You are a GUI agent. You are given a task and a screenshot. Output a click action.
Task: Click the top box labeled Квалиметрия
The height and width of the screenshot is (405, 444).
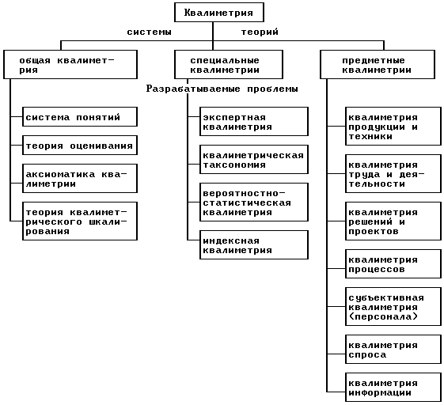219,13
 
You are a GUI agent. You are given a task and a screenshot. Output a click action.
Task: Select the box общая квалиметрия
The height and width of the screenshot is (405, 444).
70,65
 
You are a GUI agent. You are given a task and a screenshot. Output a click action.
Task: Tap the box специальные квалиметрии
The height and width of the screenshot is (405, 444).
229,65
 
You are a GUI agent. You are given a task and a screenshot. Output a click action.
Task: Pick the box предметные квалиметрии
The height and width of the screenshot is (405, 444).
378,65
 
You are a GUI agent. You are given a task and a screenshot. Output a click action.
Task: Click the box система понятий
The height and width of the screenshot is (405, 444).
80,116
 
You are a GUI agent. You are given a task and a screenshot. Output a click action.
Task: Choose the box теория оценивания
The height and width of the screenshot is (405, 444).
80,146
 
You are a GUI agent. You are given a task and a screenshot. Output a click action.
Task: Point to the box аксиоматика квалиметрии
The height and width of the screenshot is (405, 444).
80,179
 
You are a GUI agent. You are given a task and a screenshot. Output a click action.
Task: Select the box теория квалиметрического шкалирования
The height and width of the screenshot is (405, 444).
80,221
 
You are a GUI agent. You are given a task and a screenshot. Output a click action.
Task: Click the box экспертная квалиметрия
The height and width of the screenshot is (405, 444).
254,121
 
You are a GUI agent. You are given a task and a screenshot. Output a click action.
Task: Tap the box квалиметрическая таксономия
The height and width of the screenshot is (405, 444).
254,160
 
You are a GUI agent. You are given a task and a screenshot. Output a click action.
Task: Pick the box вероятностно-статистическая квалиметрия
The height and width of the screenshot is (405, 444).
254,202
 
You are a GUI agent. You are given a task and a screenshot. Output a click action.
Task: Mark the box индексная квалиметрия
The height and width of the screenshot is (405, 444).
254,245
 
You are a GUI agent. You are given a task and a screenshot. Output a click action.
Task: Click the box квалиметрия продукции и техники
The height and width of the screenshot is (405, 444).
393,127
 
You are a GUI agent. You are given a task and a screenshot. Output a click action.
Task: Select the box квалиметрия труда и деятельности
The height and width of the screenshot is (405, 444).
393,174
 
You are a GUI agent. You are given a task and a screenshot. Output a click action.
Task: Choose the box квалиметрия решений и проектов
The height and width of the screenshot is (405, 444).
393,221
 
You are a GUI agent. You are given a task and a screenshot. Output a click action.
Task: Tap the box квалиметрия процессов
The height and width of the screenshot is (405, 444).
393,264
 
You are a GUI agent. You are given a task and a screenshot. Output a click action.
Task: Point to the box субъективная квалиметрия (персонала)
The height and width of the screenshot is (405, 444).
393,307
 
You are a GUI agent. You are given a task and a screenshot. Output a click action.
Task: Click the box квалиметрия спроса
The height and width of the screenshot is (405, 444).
393,350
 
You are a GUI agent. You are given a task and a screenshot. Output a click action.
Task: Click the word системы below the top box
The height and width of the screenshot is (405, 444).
150,32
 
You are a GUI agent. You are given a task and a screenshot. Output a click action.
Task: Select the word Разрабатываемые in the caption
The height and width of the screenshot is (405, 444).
193,89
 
